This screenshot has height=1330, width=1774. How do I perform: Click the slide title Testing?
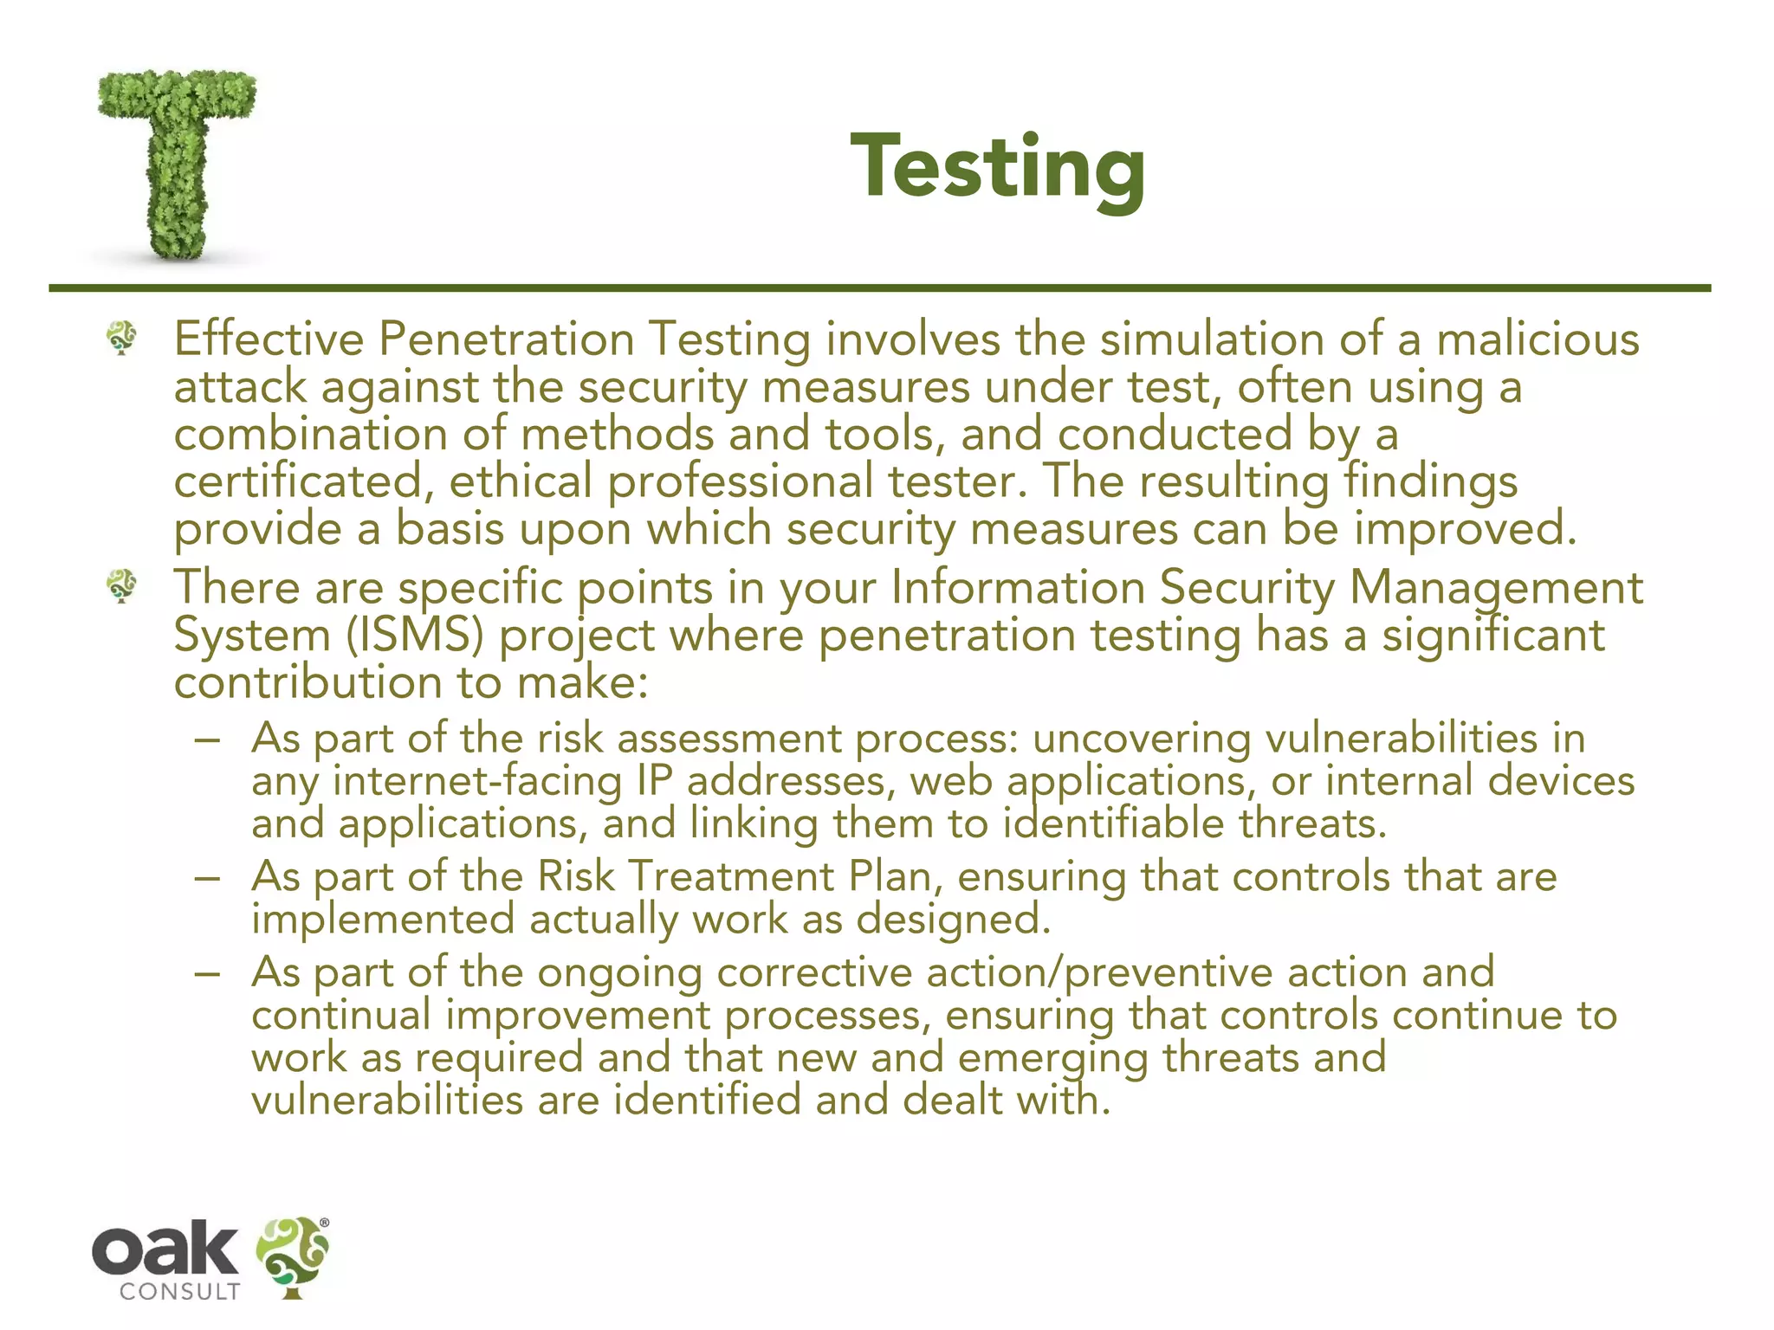pyautogui.click(x=998, y=167)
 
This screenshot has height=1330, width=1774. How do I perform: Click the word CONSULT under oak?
pyautogui.click(x=179, y=1292)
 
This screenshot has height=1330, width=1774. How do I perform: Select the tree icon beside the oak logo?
pyautogui.click(x=293, y=1256)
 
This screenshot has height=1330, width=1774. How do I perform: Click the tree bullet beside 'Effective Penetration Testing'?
pyautogui.click(x=121, y=337)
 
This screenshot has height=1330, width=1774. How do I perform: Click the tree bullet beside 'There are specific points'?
pyautogui.click(x=121, y=586)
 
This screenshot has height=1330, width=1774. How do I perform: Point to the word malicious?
pyautogui.click(x=1538, y=339)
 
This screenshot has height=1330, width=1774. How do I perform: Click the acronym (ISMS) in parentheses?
pyautogui.click(x=414, y=635)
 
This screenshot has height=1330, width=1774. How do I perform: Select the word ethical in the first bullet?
pyautogui.click(x=520, y=481)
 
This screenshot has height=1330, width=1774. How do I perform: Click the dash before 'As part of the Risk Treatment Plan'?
pyautogui.click(x=208, y=877)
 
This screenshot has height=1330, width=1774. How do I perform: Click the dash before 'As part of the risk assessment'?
pyautogui.click(x=208, y=739)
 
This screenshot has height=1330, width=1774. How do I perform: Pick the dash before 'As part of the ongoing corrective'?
pyautogui.click(x=208, y=973)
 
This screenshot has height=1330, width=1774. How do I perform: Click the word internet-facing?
pyautogui.click(x=477, y=781)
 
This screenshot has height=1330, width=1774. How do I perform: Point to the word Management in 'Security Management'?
pyautogui.click(x=1496, y=588)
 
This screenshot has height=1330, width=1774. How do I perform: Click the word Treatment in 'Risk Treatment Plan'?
pyautogui.click(x=730, y=876)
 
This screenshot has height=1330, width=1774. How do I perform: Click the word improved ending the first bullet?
pyautogui.click(x=1464, y=529)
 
